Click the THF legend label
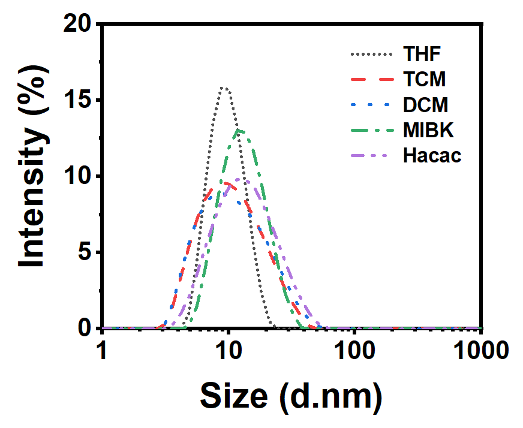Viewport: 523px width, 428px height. (x=422, y=54)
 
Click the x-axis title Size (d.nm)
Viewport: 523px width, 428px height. (x=291, y=396)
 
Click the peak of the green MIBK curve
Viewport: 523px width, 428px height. (x=239, y=130)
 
